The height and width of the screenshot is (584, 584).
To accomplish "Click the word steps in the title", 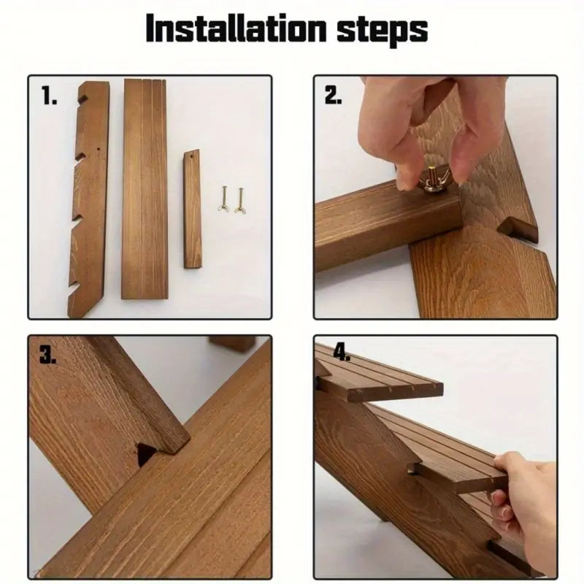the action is (382, 31).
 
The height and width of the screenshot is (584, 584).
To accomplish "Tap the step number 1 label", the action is (49, 96).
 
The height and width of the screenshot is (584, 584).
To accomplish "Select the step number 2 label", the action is (333, 96).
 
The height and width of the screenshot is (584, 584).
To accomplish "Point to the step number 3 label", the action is (48, 354).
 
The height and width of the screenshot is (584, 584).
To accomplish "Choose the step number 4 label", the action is (342, 352).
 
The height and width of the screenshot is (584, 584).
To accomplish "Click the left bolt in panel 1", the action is (223, 199).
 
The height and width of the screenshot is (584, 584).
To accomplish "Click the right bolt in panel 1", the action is (240, 200).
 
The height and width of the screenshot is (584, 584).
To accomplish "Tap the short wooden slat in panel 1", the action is (192, 209).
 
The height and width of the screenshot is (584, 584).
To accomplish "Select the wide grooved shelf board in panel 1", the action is (145, 189).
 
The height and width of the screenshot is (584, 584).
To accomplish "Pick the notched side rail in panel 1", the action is (88, 199).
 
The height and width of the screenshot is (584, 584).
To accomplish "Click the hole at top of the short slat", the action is (192, 157).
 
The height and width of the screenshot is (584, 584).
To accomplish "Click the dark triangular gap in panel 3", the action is (145, 453).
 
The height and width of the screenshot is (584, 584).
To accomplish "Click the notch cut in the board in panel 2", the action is (518, 231).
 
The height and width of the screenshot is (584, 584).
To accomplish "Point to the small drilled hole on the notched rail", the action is (99, 149).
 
